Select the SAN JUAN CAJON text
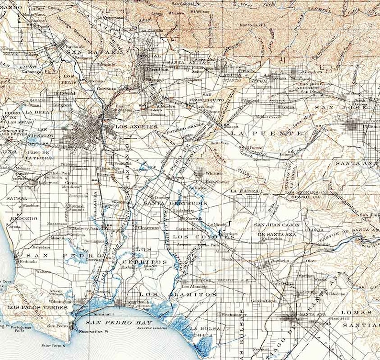[x=277, y=225]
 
